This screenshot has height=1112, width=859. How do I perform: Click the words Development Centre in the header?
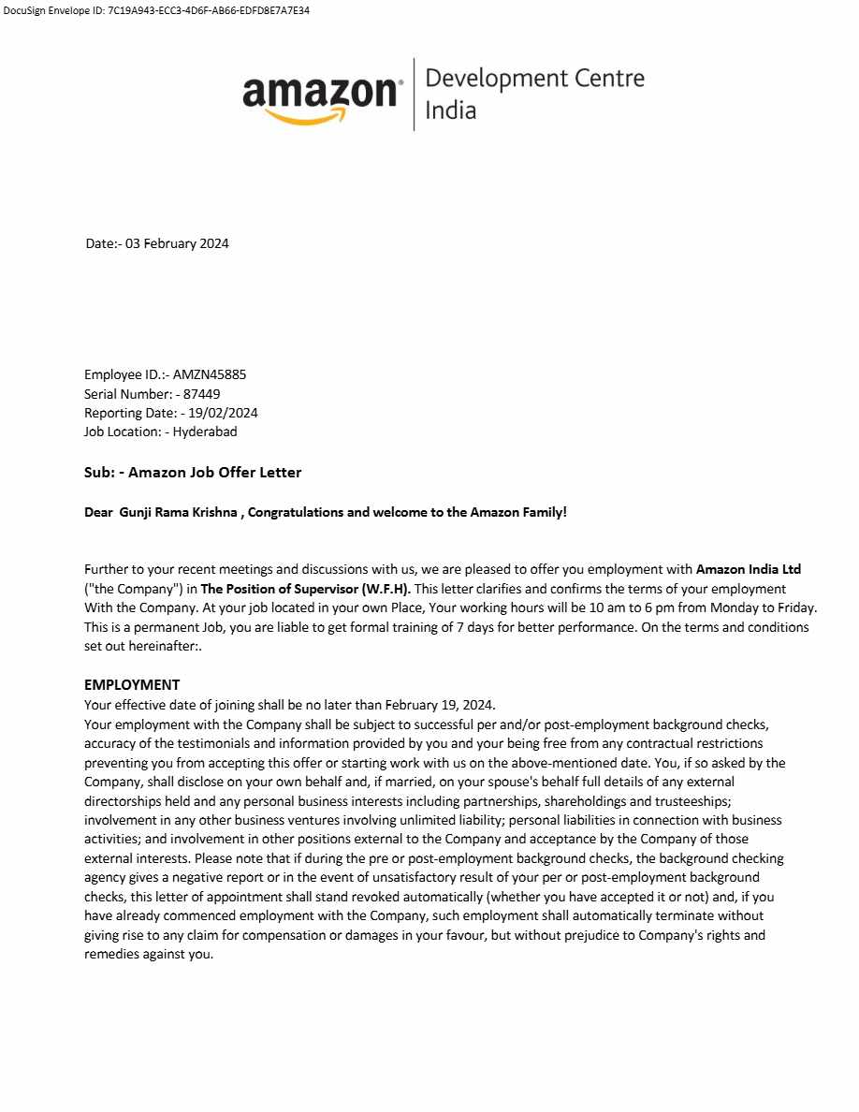click(x=534, y=78)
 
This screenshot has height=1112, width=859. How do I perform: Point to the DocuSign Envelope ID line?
click(x=156, y=10)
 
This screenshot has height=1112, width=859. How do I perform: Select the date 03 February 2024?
click(x=177, y=243)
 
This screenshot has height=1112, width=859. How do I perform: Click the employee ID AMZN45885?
click(x=210, y=374)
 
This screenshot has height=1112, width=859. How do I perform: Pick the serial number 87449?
click(x=202, y=394)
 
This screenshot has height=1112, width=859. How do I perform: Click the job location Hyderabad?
click(x=205, y=432)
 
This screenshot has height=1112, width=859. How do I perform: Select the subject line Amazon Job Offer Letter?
click(x=214, y=473)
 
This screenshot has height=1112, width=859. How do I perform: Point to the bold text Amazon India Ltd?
click(x=748, y=569)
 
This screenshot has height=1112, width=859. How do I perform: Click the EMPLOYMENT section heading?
click(x=132, y=684)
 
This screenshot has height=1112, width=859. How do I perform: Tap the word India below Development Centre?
click(x=450, y=110)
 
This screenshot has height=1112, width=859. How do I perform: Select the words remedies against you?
click(x=149, y=955)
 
